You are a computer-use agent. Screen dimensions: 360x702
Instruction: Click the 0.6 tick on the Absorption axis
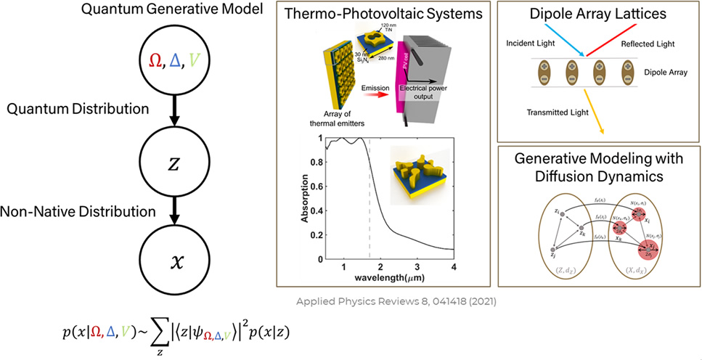point(314,186)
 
